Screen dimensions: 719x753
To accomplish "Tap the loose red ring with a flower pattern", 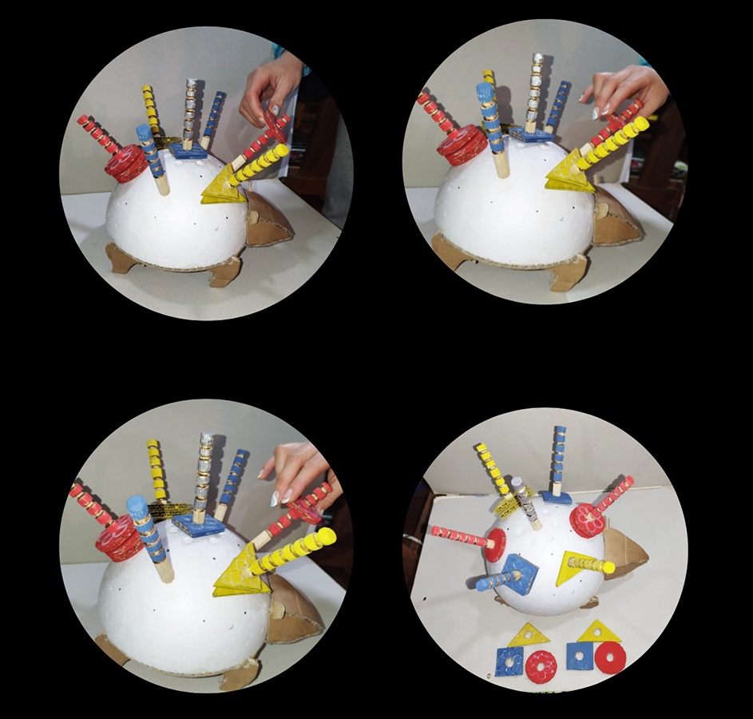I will (x=541, y=665).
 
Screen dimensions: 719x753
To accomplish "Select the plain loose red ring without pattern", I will (x=611, y=657).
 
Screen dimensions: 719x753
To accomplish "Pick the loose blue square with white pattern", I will (x=509, y=661).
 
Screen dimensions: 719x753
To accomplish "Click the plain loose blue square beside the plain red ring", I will (x=581, y=656).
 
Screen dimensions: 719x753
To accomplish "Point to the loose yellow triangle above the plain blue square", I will (x=596, y=632).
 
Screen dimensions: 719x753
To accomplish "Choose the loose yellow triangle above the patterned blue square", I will (x=529, y=635).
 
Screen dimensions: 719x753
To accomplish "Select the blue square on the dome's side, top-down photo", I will (x=520, y=574).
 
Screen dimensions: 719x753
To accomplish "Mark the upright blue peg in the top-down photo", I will (x=558, y=460).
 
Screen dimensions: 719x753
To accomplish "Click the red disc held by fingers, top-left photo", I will (x=275, y=126).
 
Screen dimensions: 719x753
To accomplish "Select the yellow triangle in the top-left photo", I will (x=219, y=189).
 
